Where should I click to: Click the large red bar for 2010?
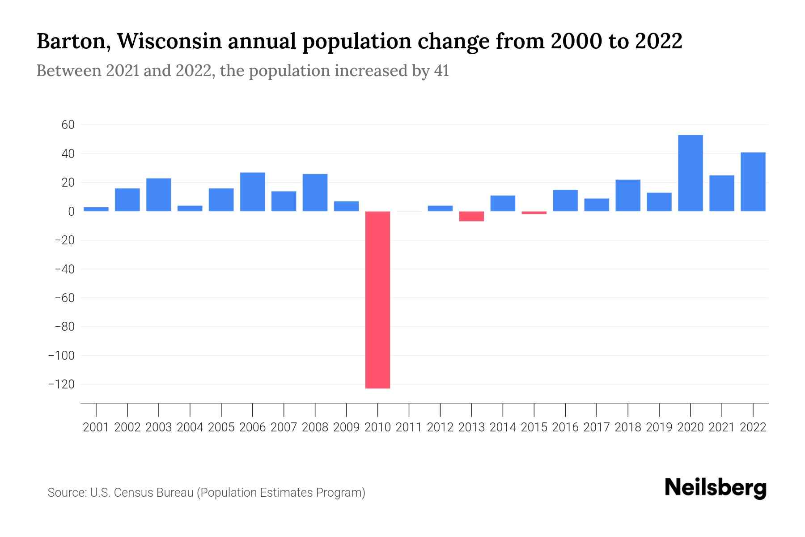tap(377, 300)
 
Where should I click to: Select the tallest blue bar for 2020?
tap(690, 173)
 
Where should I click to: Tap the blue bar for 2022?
tap(753, 182)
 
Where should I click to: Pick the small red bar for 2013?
tap(471, 216)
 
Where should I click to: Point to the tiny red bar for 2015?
tap(534, 213)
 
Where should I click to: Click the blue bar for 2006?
tap(252, 192)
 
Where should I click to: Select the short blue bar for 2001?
tap(96, 209)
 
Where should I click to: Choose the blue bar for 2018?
tap(627, 196)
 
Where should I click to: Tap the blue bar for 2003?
tap(159, 195)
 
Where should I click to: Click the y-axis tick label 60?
tap(68, 125)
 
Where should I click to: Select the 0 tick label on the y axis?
tap(71, 212)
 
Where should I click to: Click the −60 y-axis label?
tap(64, 298)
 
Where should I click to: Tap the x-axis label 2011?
tap(409, 427)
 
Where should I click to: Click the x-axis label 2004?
tap(190, 427)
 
